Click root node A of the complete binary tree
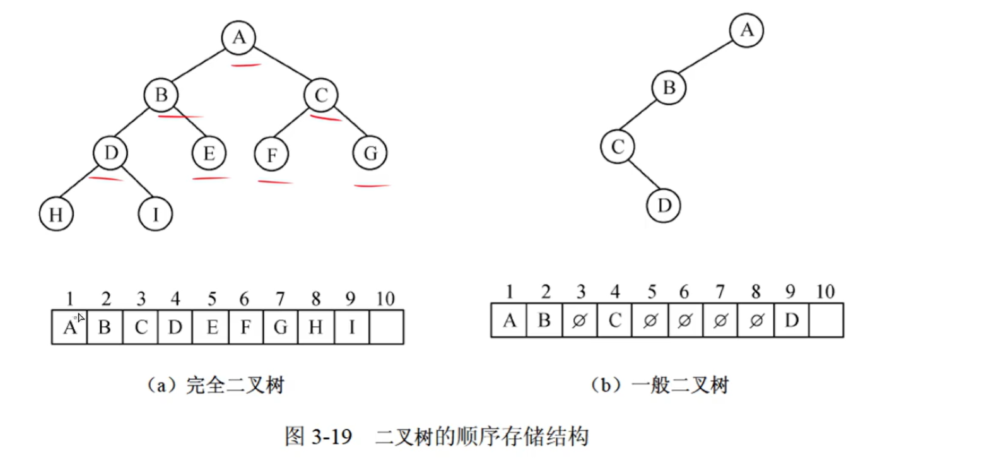click(x=238, y=38)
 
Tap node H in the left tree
click(x=56, y=215)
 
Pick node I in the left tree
click(x=155, y=215)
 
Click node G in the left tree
click(x=370, y=154)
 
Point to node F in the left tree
click(x=272, y=155)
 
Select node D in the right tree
click(x=664, y=206)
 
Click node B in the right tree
click(x=669, y=88)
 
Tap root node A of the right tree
click(x=747, y=30)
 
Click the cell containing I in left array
click(x=351, y=327)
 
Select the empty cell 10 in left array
click(x=386, y=327)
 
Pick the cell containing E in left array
click(x=210, y=327)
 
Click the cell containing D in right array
click(x=791, y=321)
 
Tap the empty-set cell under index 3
click(x=578, y=321)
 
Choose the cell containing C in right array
click(x=614, y=321)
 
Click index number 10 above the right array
click(x=825, y=291)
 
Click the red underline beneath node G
click(x=372, y=185)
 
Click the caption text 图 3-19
click(x=318, y=437)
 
